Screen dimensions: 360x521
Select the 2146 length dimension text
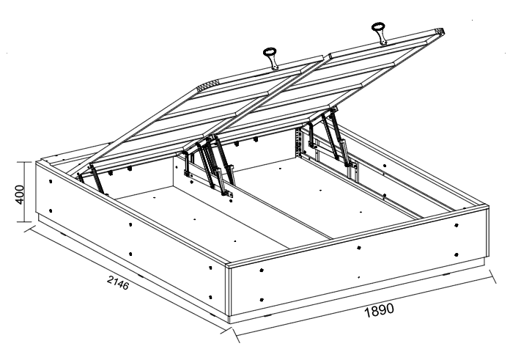[x=117, y=282]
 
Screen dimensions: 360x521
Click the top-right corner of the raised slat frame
[x=441, y=31]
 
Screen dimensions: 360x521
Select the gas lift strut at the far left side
[x=93, y=177]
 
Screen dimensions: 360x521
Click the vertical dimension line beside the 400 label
[x=31, y=192]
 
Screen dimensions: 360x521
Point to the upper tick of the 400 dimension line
[x=31, y=162]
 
